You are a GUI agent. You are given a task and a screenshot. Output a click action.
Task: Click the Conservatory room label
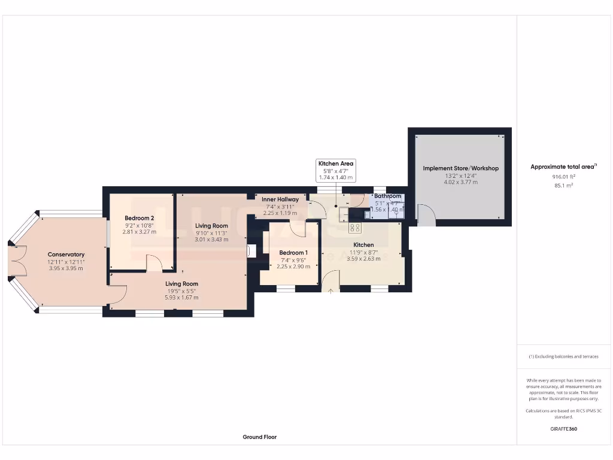[x=66, y=255]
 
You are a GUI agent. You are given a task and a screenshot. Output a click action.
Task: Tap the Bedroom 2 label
[x=139, y=218]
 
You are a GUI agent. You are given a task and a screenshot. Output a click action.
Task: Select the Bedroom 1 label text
[x=293, y=253]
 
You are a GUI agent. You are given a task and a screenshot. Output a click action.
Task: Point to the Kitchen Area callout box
[x=335, y=170]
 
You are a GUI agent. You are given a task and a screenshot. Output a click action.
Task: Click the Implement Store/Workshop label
[x=460, y=168]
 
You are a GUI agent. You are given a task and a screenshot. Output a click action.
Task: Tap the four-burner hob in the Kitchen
[x=354, y=228]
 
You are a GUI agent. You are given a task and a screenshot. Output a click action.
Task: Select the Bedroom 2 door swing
[x=153, y=262]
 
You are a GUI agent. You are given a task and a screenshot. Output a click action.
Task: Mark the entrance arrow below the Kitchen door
[x=330, y=290]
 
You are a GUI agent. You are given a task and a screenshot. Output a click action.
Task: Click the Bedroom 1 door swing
[x=298, y=228]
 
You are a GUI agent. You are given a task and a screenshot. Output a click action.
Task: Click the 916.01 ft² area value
[x=563, y=177]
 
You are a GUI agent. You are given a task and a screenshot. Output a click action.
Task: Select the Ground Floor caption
[x=259, y=437]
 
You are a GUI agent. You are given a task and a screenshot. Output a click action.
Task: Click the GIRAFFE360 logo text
[x=563, y=429]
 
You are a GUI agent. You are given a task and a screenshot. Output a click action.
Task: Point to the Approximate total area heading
[x=563, y=167]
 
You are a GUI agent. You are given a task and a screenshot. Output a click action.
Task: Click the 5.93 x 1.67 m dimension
[x=181, y=297]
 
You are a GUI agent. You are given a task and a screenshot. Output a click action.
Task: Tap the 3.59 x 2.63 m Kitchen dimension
[x=363, y=259]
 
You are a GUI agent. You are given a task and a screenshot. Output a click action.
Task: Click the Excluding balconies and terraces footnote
[x=563, y=356]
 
